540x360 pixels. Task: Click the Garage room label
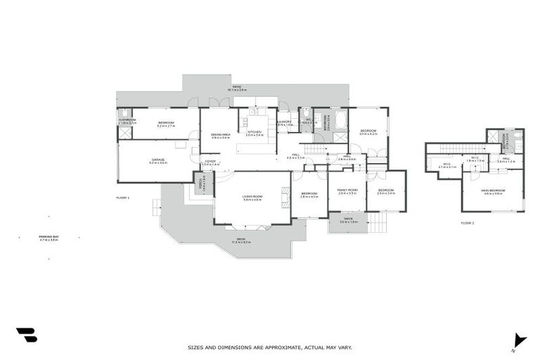pyautogui.click(x=157, y=161)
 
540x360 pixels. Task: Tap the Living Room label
pyautogui.click(x=252, y=198)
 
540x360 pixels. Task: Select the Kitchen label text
pyautogui.click(x=255, y=131)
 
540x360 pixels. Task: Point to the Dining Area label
pyautogui.click(x=221, y=135)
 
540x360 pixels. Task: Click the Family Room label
pyautogui.click(x=347, y=191)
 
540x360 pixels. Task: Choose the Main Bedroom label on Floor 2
pyautogui.click(x=493, y=191)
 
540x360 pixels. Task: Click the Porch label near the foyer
pyautogui.click(x=203, y=184)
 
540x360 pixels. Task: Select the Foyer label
pyautogui.click(x=210, y=162)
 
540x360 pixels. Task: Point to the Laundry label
pyautogui.click(x=285, y=123)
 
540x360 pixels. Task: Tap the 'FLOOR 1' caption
pyautogui.click(x=123, y=198)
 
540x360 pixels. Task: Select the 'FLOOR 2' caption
pyautogui.click(x=468, y=223)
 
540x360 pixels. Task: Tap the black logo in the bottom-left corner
pyautogui.click(x=26, y=335)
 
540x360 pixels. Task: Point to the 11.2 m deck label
pyautogui.click(x=241, y=240)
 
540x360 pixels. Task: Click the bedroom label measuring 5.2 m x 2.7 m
pyautogui.click(x=166, y=124)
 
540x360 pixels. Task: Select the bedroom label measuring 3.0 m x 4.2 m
pyautogui.click(x=368, y=131)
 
